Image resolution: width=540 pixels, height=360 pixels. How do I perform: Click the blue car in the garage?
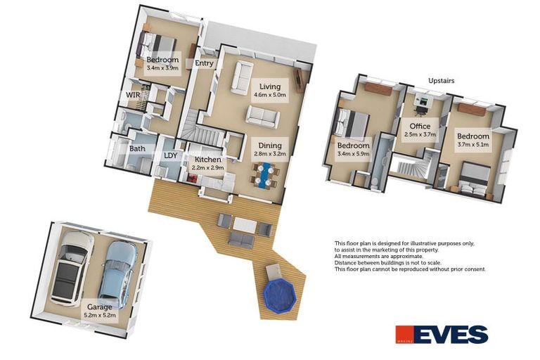(117, 274)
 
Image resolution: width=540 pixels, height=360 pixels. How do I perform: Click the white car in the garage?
(72, 269)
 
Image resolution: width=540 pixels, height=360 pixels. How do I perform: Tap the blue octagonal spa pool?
(280, 295)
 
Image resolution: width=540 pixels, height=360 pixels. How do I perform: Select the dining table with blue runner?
(264, 176)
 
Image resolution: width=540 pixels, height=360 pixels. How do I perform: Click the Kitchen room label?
(208, 160)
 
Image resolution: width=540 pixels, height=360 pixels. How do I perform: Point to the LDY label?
(170, 155)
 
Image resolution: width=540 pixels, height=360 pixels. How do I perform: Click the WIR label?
(133, 95)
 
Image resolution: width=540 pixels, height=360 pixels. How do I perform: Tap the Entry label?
(204, 63)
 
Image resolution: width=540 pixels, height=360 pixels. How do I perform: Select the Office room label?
(420, 126)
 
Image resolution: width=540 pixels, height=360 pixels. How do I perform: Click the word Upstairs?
(441, 81)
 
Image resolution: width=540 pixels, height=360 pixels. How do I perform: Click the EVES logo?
(442, 334)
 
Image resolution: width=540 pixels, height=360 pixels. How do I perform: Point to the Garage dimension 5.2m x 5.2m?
(100, 315)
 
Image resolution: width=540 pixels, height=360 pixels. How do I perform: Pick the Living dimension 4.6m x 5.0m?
(270, 95)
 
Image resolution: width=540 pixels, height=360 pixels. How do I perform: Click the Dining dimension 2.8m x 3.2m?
(270, 154)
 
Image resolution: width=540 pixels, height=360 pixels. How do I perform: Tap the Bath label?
(137, 149)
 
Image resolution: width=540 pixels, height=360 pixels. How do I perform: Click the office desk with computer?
(422, 101)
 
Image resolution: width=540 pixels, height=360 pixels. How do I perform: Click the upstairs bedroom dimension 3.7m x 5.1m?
(472, 145)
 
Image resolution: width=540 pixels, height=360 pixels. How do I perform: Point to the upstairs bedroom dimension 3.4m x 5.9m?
(354, 154)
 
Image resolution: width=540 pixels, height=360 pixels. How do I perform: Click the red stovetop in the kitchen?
(192, 178)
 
